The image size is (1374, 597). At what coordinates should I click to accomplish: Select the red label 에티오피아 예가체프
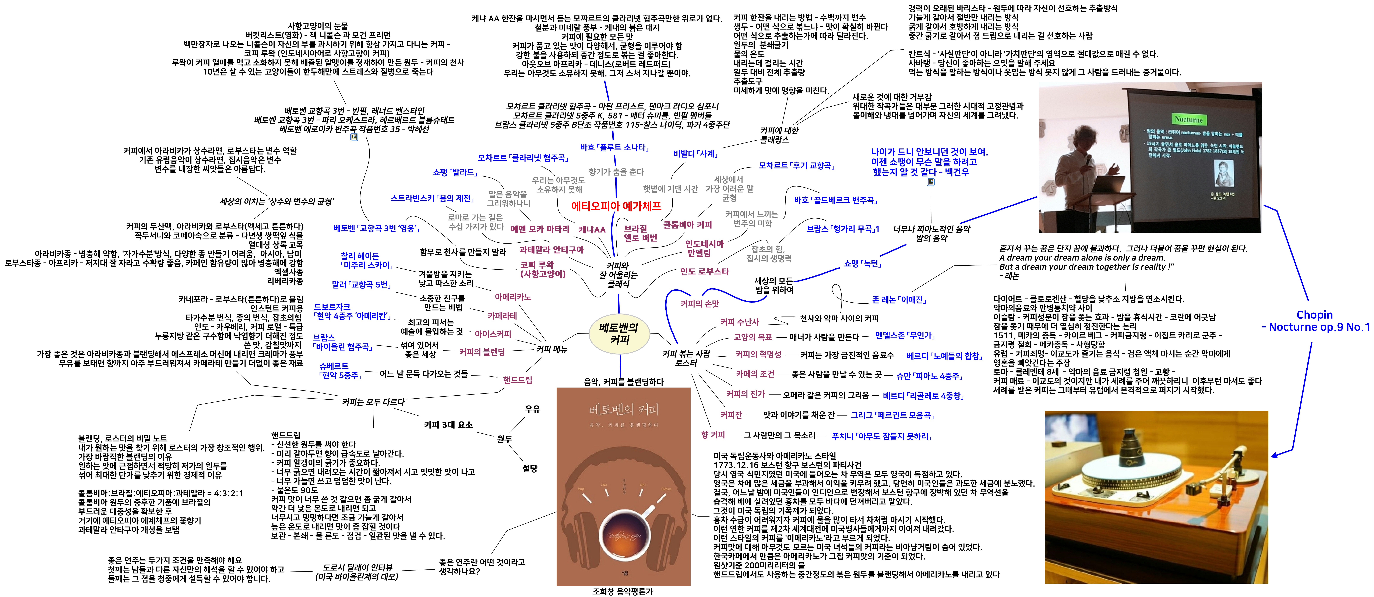(616, 206)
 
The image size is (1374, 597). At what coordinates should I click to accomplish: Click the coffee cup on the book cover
(623, 534)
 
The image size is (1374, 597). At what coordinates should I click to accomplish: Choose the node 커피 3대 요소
(448, 425)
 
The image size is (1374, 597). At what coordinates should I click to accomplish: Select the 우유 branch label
(532, 409)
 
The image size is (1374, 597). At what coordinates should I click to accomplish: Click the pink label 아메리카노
(513, 297)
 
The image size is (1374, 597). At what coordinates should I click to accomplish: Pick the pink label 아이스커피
(493, 334)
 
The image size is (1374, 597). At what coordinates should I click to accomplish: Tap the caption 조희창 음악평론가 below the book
(623, 591)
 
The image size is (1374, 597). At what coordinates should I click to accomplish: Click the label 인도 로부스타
(704, 272)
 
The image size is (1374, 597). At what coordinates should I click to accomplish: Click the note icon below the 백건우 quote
(931, 183)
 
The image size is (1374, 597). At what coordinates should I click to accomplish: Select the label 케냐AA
(592, 229)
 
